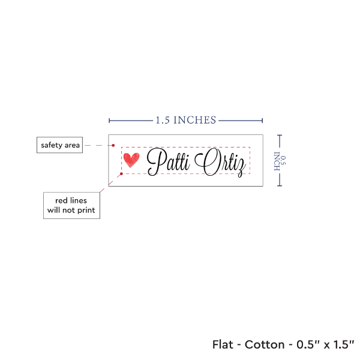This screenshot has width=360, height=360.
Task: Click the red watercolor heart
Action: click(131, 160)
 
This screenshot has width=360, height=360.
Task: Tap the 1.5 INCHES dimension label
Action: click(185, 120)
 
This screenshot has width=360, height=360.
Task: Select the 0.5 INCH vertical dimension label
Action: click(280, 160)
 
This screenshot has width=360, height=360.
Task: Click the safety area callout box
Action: click(59, 145)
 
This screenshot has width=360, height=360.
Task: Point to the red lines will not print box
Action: click(71, 205)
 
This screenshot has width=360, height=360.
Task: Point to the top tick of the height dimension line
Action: click(280, 135)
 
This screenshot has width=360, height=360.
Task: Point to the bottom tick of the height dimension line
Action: click(280, 185)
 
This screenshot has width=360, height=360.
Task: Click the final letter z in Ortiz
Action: click(241, 166)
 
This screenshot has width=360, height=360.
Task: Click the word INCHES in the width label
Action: click(196, 120)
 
